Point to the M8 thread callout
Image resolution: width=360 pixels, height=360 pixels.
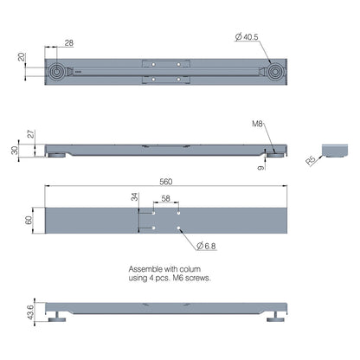pos(257,125)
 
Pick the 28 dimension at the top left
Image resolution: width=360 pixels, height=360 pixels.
pos(69,43)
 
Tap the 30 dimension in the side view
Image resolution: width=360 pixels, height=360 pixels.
pos(15,149)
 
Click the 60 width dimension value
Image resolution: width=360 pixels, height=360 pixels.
pos(28,222)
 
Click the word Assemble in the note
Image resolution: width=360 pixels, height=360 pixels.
pos(145,269)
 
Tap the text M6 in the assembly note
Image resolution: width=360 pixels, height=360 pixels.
pos(182,279)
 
